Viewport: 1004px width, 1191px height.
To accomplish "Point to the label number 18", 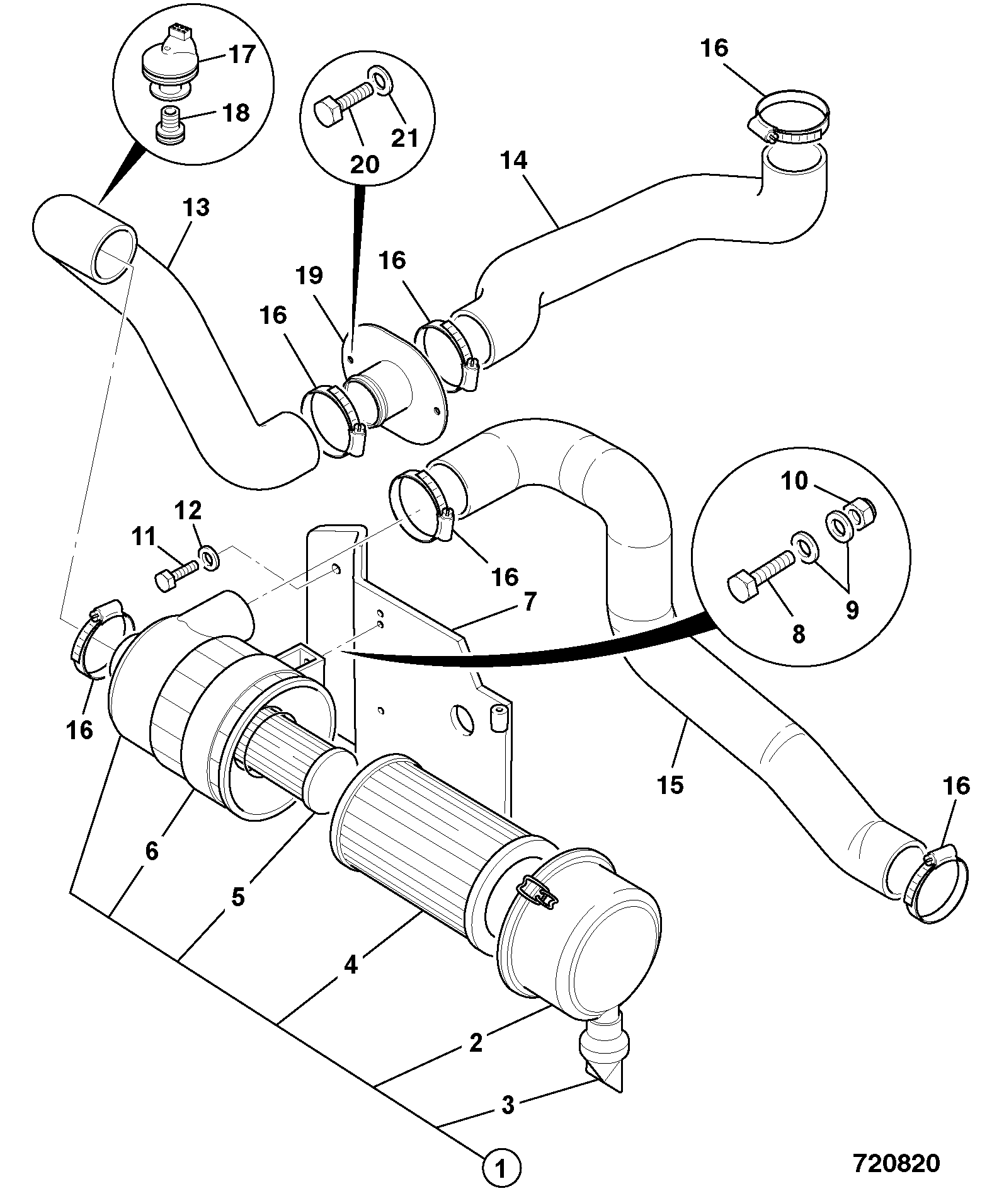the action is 236,113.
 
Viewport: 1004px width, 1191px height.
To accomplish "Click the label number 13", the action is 197,207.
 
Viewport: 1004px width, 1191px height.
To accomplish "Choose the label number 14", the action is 513,161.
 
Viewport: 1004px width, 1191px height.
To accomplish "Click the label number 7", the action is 530,602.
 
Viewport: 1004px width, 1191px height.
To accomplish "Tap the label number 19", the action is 310,275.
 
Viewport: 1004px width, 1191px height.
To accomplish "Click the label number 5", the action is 237,897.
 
